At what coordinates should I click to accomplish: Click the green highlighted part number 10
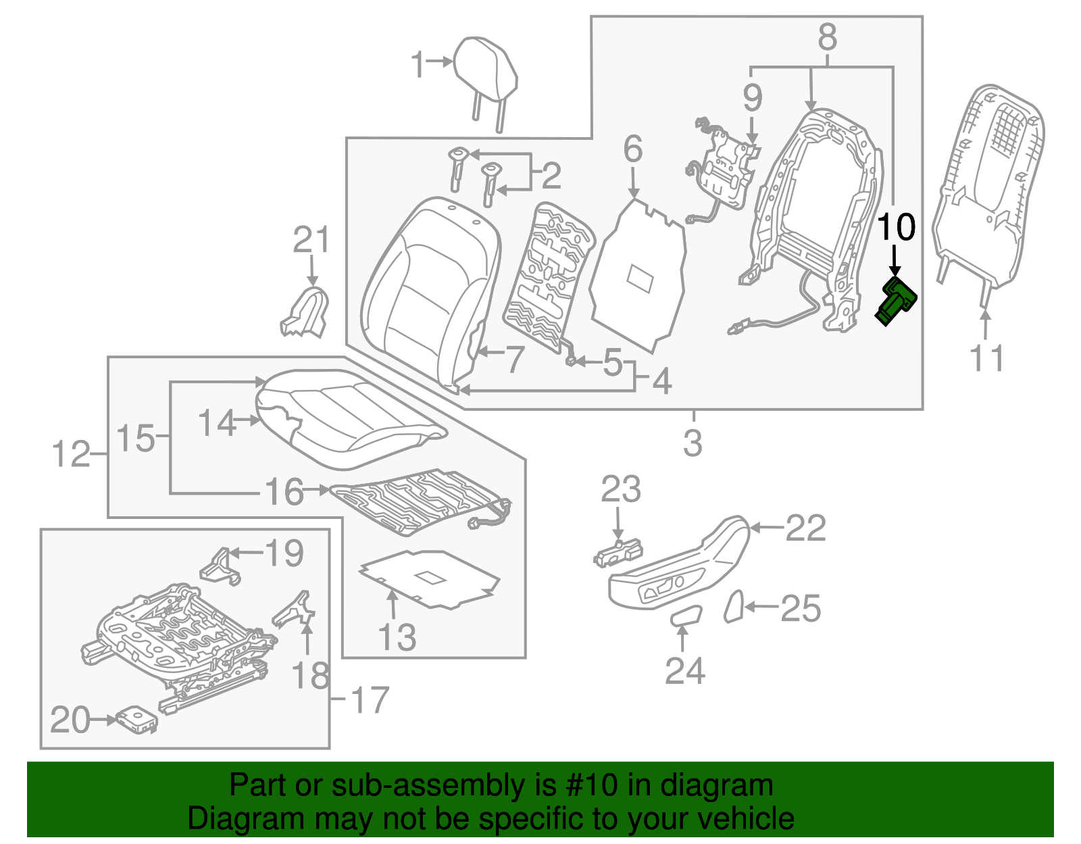897,301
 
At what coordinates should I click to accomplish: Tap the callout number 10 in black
896,227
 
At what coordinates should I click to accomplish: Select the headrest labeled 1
486,74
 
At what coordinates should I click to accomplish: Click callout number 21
311,241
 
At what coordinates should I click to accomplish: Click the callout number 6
632,149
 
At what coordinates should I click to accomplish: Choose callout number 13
397,637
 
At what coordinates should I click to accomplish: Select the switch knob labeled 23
618,553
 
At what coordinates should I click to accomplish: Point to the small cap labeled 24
686,616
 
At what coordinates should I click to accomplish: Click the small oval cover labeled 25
734,605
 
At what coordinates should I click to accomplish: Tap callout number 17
370,700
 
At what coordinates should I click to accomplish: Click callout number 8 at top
827,37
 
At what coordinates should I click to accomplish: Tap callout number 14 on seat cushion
217,423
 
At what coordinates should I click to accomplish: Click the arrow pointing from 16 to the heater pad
316,489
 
